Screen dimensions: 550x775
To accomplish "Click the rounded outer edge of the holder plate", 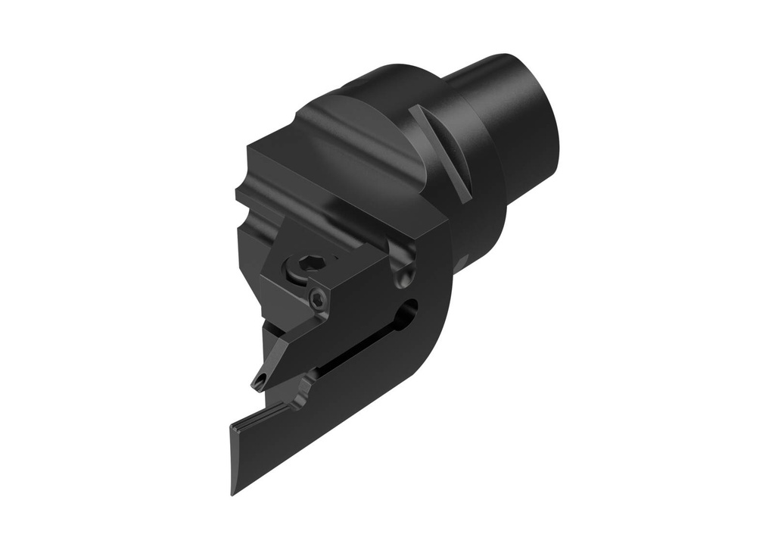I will [x=443, y=303].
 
